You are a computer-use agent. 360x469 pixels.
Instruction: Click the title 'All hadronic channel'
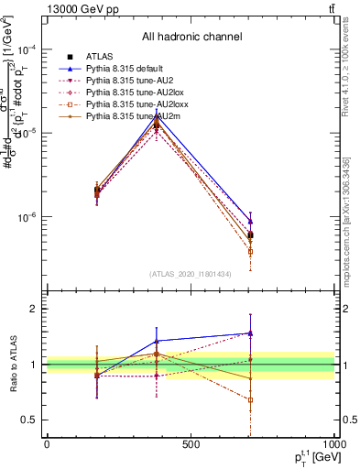pos(191,37)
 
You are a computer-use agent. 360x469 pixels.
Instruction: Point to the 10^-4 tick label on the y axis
pos(27,49)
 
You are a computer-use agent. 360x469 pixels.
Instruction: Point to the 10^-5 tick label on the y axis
pos(27,134)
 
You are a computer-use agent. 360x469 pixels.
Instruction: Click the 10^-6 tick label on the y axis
pos(27,218)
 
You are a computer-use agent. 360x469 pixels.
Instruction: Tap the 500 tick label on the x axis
pos(191,444)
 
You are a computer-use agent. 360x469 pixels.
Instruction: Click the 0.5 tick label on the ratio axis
pos(28,420)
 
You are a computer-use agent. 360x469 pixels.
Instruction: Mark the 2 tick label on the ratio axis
pos(33,310)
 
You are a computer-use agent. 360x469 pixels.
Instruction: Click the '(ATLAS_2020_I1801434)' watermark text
pos(191,274)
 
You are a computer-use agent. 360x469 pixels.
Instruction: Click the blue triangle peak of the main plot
pos(158,115)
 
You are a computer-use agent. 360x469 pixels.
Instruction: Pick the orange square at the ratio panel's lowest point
pos(250,399)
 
